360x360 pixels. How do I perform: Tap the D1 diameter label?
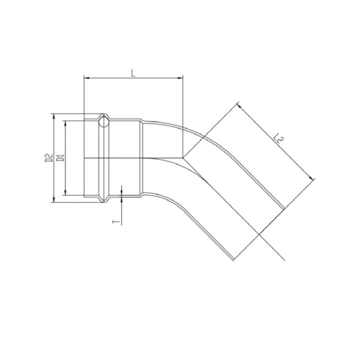[x=60, y=158]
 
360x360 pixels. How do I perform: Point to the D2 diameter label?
[x=48, y=158]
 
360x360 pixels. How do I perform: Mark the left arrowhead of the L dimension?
[x=86, y=78]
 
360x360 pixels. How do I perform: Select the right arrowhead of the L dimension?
[x=179, y=78]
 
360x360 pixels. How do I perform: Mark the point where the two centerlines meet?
[x=182, y=157]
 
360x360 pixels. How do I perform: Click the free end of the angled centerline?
[x=285, y=260]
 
